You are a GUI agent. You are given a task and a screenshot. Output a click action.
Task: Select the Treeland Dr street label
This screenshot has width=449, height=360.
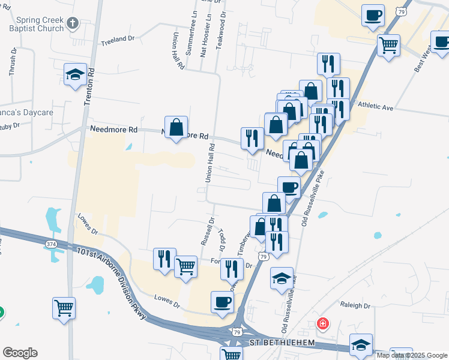[118, 39]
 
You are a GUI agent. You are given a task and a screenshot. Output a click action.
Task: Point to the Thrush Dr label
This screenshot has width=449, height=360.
[12, 63]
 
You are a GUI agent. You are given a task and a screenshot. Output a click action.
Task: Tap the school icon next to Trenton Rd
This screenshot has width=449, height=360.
[74, 75]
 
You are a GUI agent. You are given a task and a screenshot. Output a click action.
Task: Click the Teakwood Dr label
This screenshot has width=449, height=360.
[222, 22]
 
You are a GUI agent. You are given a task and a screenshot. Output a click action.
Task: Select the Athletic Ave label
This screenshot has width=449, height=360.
[375, 107]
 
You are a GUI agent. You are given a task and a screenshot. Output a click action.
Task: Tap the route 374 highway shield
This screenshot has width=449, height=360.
[52, 244]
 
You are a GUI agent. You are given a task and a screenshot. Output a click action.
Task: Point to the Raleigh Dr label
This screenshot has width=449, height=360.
[355, 305]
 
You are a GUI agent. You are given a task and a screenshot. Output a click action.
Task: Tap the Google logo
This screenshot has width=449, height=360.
[20, 353]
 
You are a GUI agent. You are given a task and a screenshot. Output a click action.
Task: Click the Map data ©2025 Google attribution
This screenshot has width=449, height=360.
[412, 355]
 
